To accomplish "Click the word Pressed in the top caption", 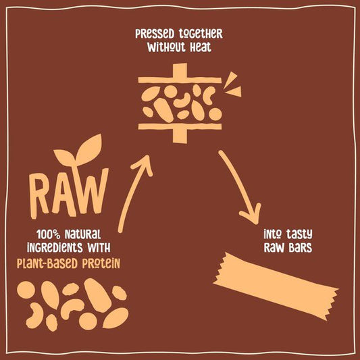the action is tap(155, 34).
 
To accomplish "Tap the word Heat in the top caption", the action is tap(201, 47).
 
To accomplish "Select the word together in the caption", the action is tap(201, 34).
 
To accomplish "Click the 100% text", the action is tap(48, 234).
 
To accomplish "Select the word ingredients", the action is tap(55, 248).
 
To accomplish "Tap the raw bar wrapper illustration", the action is tap(276, 286).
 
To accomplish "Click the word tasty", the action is tap(299, 234).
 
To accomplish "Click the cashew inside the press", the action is tap(182, 101).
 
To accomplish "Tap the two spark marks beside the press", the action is tap(232, 84).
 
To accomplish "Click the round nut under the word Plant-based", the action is tap(26, 290).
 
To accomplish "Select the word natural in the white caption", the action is tap(82, 234).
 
